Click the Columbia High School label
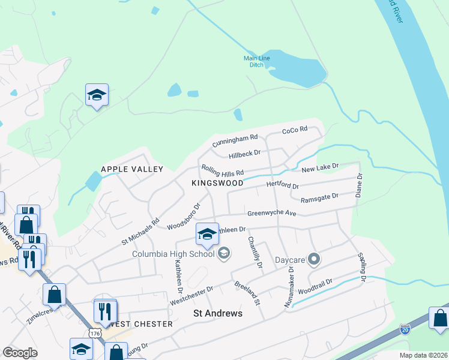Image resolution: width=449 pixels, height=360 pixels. (173, 253)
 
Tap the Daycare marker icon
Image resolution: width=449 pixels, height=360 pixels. (313, 260)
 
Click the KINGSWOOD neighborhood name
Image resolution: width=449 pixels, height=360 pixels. (217, 182)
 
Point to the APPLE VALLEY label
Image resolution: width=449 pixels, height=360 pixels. (132, 169)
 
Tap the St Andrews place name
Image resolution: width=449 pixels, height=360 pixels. (217, 313)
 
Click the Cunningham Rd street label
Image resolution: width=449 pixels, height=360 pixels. (234, 140)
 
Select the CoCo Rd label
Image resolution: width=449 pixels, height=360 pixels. (295, 130)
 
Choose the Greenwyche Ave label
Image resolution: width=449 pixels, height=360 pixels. (272, 214)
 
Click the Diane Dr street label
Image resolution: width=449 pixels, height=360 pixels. (360, 185)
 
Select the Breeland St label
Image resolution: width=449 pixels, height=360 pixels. (247, 293)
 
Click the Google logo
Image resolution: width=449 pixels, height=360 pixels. (20, 352)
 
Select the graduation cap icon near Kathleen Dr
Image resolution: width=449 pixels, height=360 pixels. (207, 233)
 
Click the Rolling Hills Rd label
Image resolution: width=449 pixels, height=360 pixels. (222, 170)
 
